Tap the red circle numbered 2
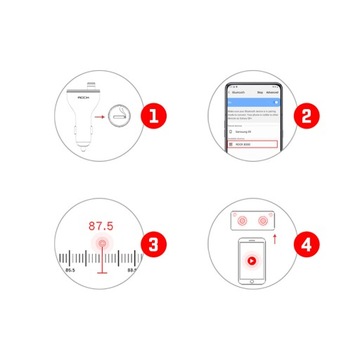click(306, 115)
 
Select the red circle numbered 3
click(153, 244)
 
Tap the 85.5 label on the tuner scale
click(69, 269)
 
